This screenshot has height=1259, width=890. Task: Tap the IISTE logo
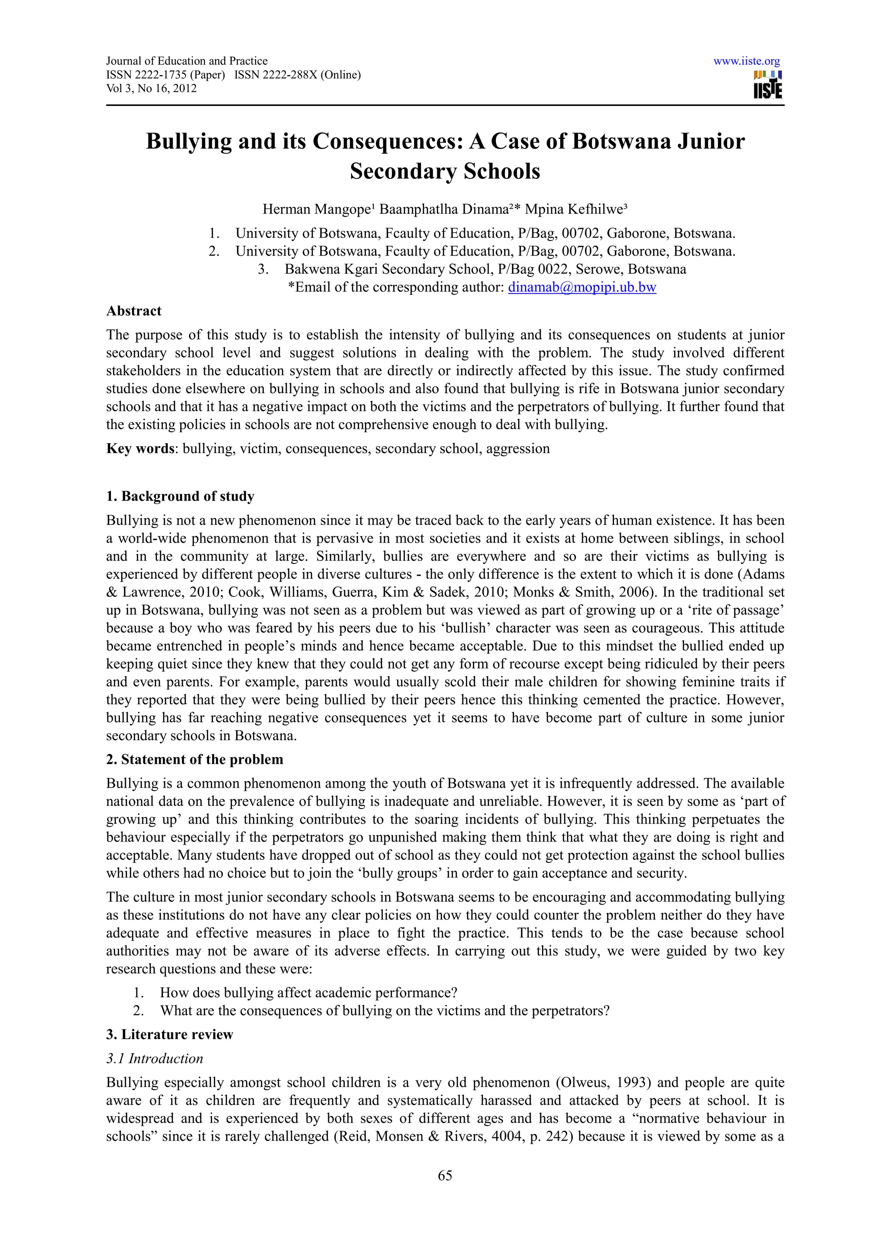point(768,85)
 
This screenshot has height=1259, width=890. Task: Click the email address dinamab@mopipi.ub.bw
point(582,287)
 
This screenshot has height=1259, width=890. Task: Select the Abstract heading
point(134,311)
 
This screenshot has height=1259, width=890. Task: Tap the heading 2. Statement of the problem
point(194,759)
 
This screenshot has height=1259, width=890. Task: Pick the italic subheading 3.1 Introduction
point(155,1058)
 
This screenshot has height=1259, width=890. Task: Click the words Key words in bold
point(140,448)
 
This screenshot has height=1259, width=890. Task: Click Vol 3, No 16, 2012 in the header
point(151,88)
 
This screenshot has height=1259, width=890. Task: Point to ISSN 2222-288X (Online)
point(297,75)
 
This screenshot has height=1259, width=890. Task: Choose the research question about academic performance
point(308,993)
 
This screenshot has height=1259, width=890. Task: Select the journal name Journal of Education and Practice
point(186,61)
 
